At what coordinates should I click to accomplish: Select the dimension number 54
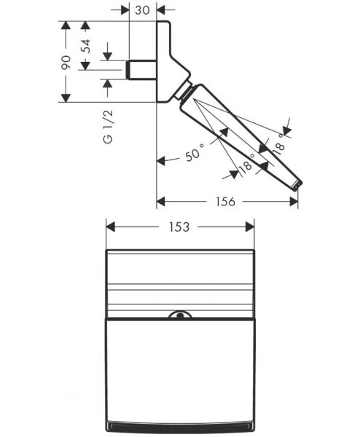click(x=87, y=45)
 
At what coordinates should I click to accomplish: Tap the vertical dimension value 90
click(x=66, y=62)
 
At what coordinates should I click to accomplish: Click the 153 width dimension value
click(x=179, y=227)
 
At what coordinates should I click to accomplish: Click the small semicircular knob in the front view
click(x=179, y=316)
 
